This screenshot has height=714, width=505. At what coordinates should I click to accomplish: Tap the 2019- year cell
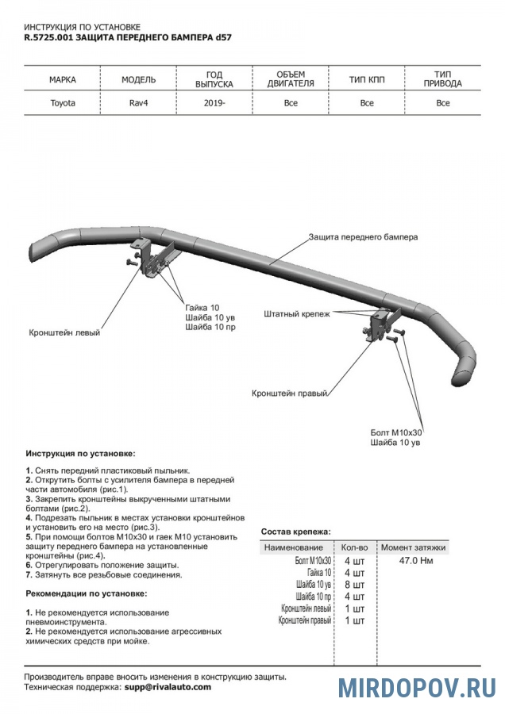click(x=214, y=103)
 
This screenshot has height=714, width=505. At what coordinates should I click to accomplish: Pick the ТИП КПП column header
click(x=366, y=80)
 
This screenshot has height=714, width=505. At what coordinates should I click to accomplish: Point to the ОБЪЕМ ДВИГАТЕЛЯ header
click(x=291, y=79)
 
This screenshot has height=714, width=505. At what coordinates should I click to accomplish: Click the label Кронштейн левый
click(x=65, y=333)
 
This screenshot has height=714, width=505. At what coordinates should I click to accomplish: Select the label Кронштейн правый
click(x=290, y=393)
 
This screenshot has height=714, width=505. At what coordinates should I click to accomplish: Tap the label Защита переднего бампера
click(x=363, y=237)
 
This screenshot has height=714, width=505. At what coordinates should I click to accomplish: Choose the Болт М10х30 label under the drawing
click(x=397, y=432)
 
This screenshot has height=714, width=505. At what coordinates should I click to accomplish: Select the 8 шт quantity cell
click(x=353, y=584)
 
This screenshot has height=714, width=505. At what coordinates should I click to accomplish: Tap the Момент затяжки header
click(x=413, y=547)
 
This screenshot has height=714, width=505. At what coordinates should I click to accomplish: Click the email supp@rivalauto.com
click(x=168, y=687)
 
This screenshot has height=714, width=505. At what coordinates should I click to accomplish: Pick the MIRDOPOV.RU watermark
click(x=417, y=688)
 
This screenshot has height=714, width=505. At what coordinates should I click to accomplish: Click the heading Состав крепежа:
click(x=296, y=532)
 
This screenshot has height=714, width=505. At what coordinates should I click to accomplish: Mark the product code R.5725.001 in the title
click(x=48, y=37)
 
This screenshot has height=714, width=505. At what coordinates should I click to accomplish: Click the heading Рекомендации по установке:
click(x=85, y=593)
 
